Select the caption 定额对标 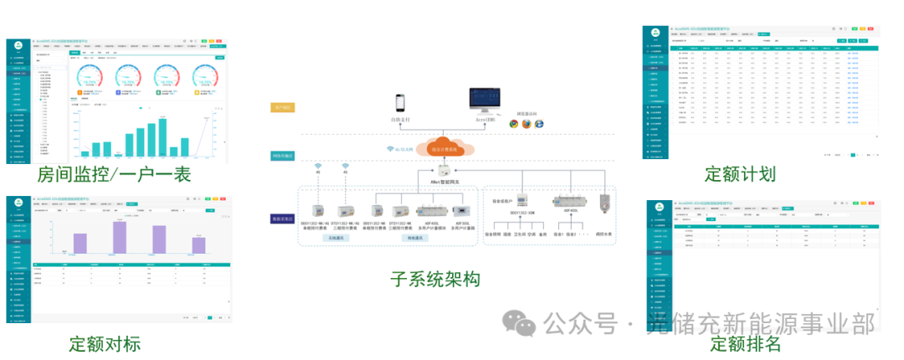105,343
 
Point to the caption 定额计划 740,174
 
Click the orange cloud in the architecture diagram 444,147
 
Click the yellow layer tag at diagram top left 281,108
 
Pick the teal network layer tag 281,156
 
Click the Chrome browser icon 513,124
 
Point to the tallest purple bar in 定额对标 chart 120,237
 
